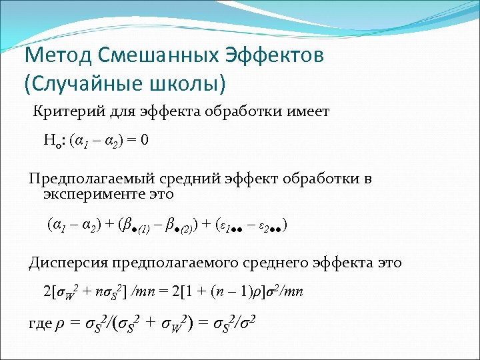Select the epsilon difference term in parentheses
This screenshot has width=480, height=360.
[249, 226]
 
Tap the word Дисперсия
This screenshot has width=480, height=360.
[69, 263]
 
